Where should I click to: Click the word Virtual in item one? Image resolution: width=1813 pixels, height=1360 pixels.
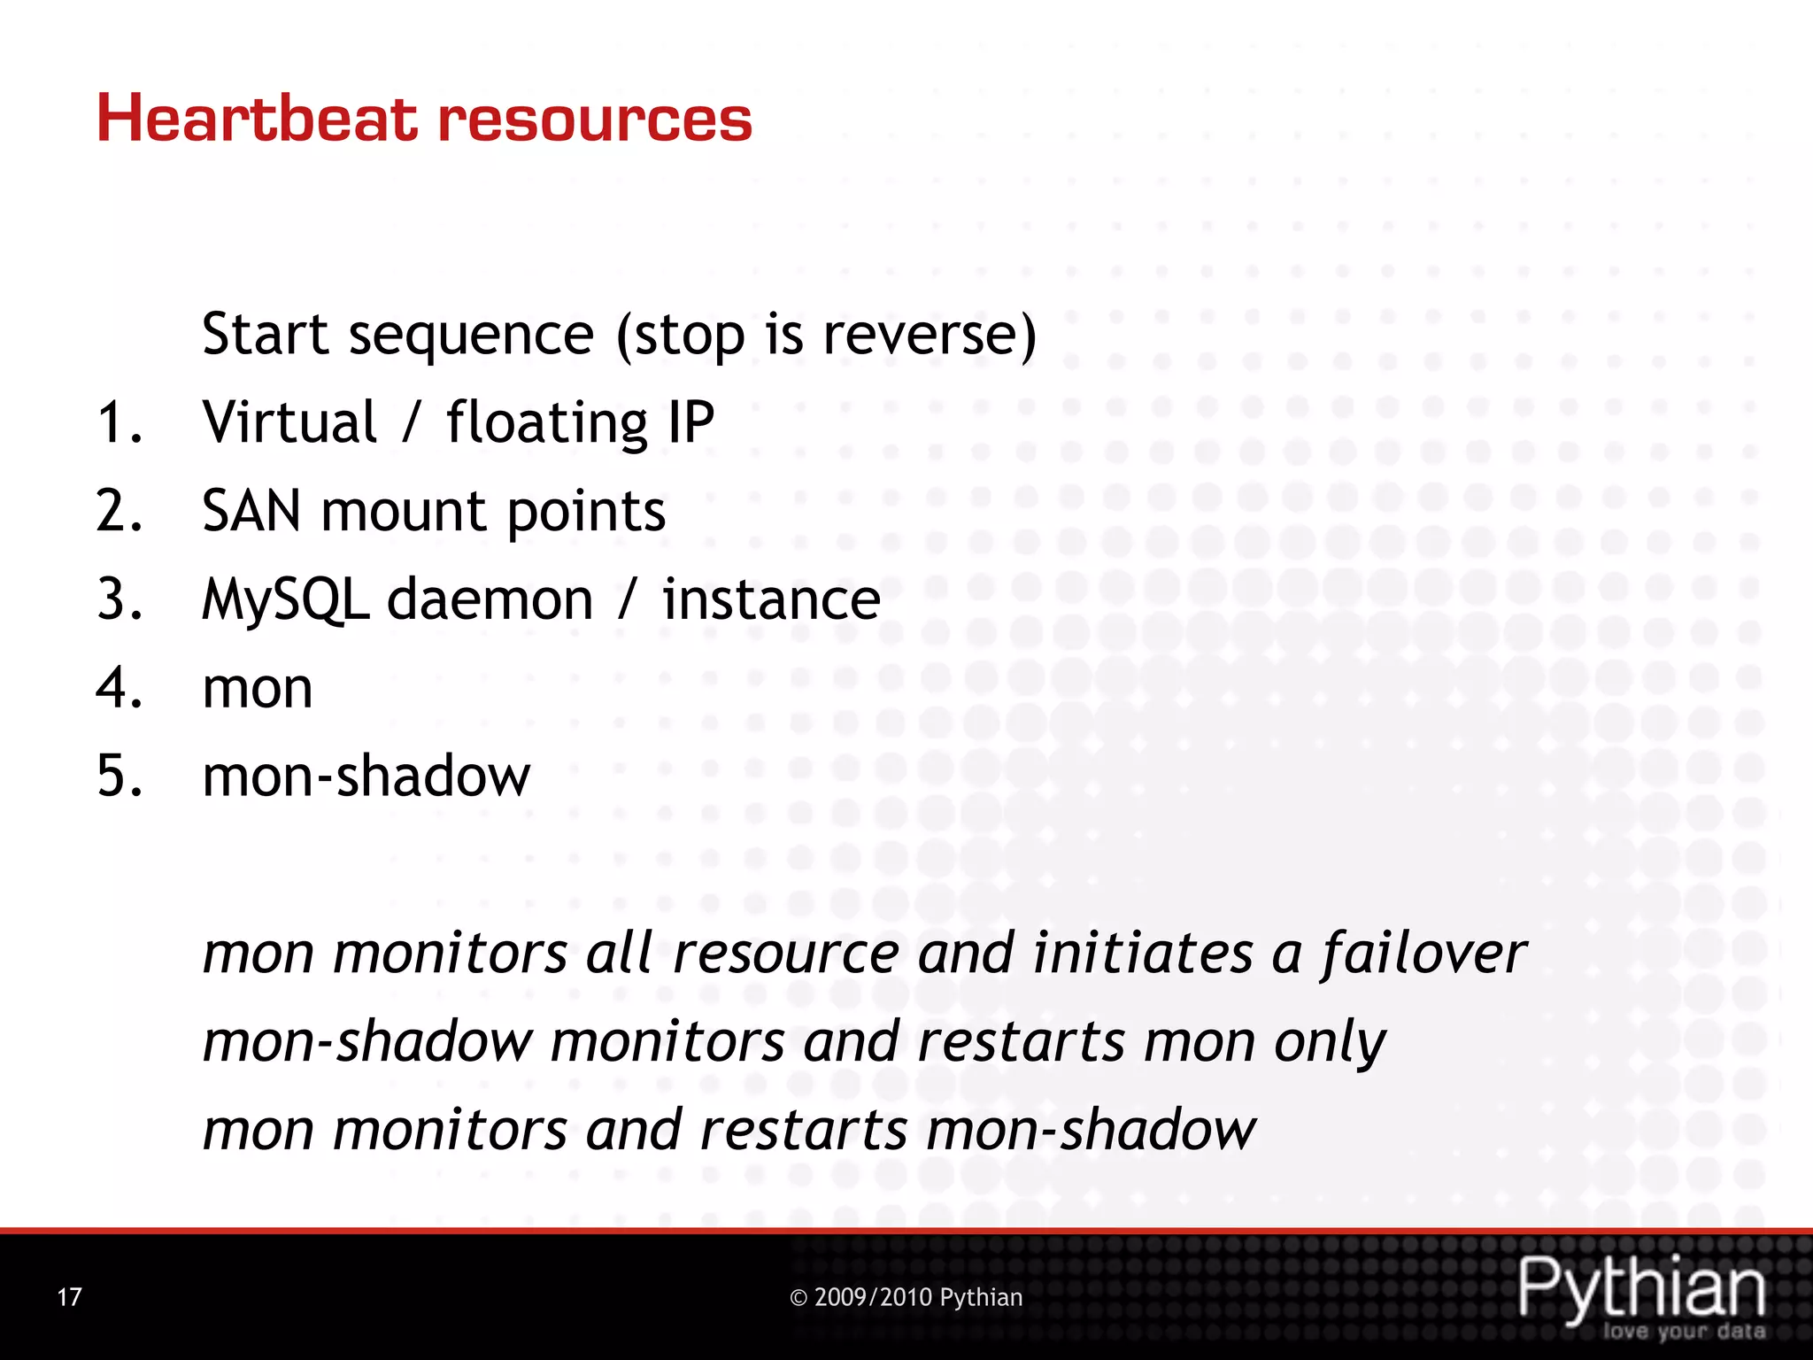pyautogui.click(x=289, y=421)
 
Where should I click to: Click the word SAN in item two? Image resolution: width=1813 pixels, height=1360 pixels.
pyautogui.click(x=251, y=511)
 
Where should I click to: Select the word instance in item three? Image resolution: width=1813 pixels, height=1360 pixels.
pyautogui.click(x=771, y=599)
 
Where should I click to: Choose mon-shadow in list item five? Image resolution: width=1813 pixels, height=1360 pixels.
pyautogui.click(x=366, y=777)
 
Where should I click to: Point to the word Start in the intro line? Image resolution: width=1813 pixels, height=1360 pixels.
pyautogui.click(x=266, y=335)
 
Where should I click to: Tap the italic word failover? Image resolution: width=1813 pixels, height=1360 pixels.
pyautogui.click(x=1423, y=954)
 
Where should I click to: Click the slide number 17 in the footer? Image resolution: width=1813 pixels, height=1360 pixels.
pyautogui.click(x=69, y=1297)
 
